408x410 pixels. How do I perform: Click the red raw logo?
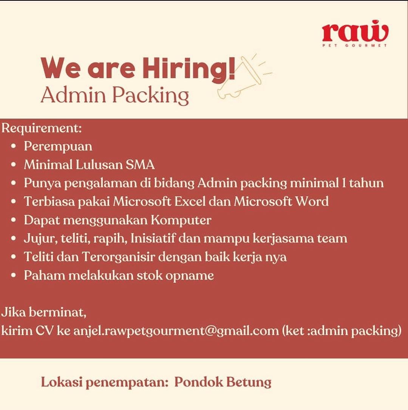point(355,32)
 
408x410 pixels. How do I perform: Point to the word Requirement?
point(42,128)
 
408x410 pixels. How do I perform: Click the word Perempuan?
point(58,146)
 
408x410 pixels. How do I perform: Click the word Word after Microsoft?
point(312,201)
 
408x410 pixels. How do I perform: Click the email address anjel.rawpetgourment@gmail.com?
point(176,331)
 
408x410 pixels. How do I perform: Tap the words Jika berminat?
point(44,313)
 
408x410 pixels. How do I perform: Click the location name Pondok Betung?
point(223,382)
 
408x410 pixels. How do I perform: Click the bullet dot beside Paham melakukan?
point(14,275)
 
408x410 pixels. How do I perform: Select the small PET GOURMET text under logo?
point(355,46)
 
